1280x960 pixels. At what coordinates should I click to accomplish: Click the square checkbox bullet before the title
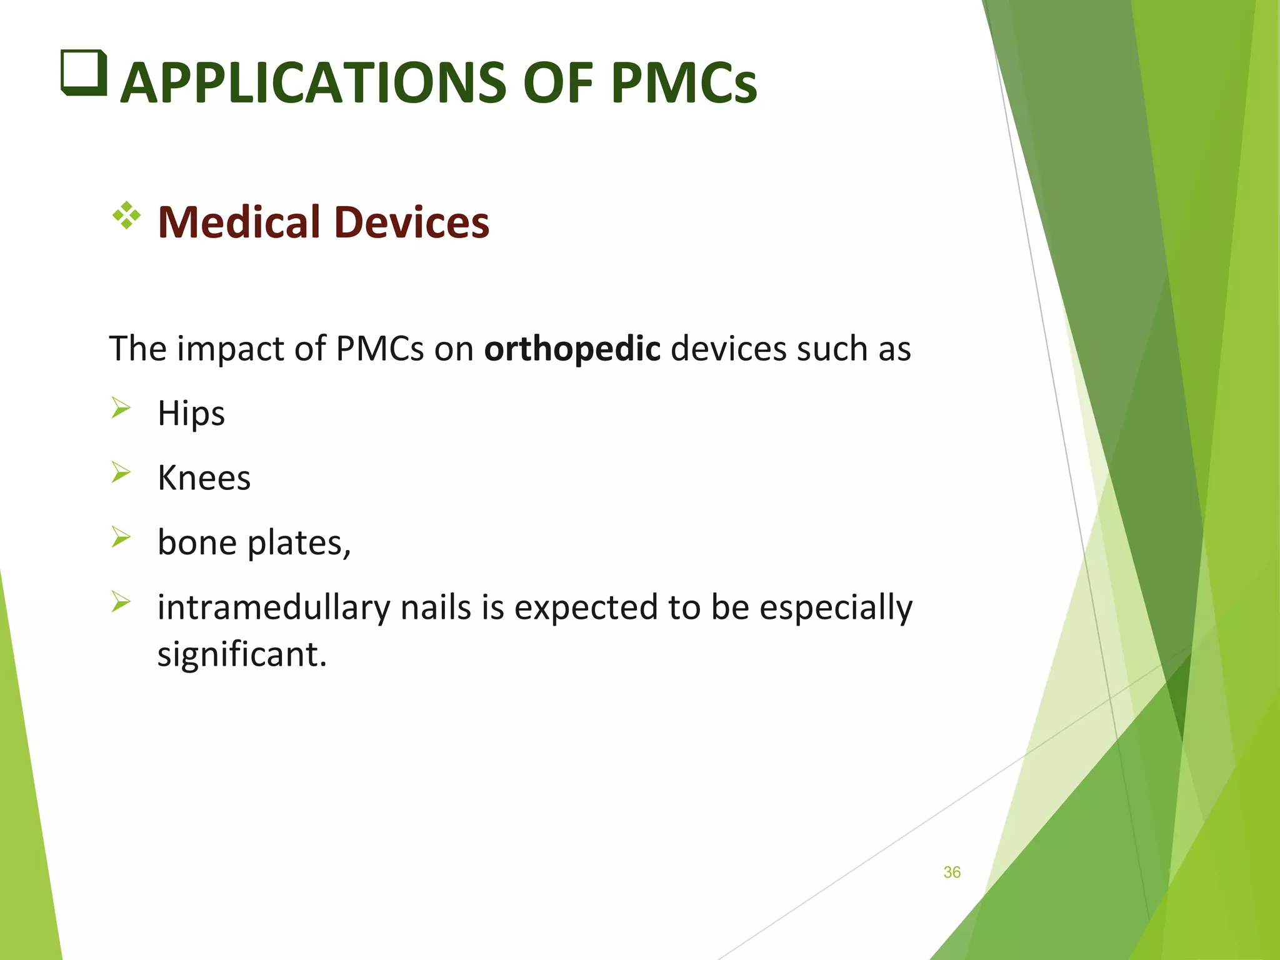[x=84, y=72]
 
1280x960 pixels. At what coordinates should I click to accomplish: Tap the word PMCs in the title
[x=684, y=83]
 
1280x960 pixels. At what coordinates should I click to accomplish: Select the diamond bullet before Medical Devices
[x=126, y=216]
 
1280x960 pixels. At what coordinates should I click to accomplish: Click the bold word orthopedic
[x=572, y=349]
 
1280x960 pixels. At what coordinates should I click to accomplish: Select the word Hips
[x=191, y=414]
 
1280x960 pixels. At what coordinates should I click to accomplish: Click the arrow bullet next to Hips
[x=121, y=408]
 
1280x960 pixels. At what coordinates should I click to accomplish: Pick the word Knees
[x=204, y=478]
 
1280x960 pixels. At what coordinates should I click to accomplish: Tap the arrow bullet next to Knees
[x=121, y=472]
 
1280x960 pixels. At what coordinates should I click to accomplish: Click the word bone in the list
[x=197, y=542]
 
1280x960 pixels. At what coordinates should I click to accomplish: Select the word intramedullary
[x=273, y=607]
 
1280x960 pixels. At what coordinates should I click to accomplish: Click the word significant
[x=242, y=654]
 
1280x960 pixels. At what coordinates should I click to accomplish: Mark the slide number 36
[x=951, y=872]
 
